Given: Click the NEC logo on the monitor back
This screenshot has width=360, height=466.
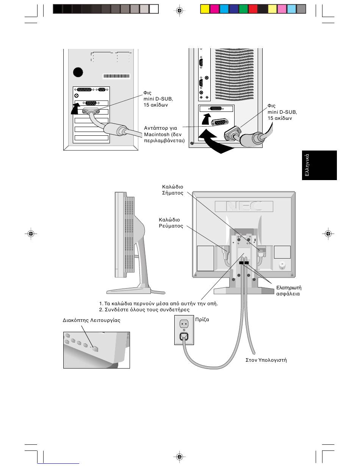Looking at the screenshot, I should pyautogui.click(x=244, y=206).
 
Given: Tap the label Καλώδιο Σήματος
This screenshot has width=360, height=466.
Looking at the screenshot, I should pyautogui.click(x=172, y=190).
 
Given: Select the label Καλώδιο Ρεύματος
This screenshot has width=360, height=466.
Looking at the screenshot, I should pyautogui.click(x=171, y=223).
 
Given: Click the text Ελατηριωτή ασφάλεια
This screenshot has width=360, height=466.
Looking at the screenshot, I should pyautogui.click(x=289, y=291).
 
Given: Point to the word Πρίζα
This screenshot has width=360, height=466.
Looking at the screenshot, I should pyautogui.click(x=202, y=319).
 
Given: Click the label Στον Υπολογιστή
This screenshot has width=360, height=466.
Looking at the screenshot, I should pyautogui.click(x=266, y=360).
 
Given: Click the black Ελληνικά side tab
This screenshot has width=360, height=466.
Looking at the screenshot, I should pyautogui.click(x=319, y=165).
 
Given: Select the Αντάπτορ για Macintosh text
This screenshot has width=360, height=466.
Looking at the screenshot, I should pyautogui.click(x=164, y=134).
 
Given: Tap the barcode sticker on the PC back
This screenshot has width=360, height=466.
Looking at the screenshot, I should pyautogui.click(x=116, y=76).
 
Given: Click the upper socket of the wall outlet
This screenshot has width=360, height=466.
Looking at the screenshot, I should pyautogui.click(x=184, y=324).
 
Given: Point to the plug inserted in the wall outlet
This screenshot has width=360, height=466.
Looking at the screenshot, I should pyautogui.click(x=184, y=337).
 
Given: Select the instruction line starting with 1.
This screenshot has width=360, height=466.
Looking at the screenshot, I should pyautogui.click(x=158, y=304).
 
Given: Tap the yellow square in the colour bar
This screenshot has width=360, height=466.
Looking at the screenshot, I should pyautogui.click(x=205, y=9).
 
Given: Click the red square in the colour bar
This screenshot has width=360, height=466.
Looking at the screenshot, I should pyautogui.click(x=253, y=9).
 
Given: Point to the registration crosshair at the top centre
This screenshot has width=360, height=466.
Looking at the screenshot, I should pyautogui.click(x=180, y=10).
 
